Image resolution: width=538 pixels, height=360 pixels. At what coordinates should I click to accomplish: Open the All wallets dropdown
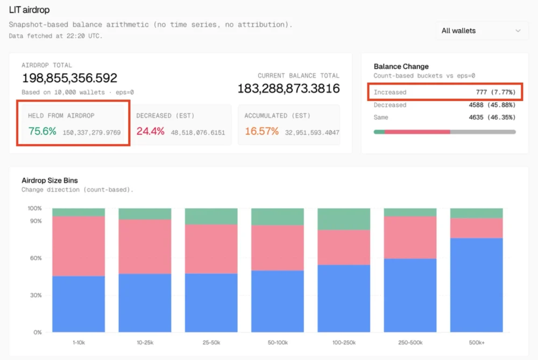click(x=481, y=31)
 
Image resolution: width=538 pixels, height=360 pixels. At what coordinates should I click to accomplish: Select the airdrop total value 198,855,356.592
click(x=69, y=78)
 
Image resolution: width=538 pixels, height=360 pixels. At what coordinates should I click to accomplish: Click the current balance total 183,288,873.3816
click(x=288, y=88)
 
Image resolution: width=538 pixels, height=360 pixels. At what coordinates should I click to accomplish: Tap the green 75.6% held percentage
click(x=42, y=131)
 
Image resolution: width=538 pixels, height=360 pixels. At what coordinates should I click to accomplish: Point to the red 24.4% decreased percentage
click(x=150, y=131)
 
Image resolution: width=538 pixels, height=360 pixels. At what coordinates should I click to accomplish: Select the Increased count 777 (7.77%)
click(x=495, y=93)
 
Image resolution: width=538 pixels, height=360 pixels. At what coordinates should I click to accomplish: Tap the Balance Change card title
click(x=401, y=67)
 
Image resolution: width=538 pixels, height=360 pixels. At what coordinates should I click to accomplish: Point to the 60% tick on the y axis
click(x=35, y=258)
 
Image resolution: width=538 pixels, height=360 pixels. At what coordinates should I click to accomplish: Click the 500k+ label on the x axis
click(x=476, y=343)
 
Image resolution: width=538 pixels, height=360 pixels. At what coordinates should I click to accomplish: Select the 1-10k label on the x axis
click(x=79, y=343)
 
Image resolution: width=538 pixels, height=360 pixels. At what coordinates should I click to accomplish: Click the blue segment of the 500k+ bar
click(x=476, y=285)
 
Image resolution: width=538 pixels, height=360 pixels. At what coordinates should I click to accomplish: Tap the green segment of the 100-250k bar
click(x=344, y=219)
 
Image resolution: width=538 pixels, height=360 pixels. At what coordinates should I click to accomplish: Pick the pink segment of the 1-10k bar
click(x=79, y=246)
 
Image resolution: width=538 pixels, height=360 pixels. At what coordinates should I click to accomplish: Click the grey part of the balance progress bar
click(x=483, y=132)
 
